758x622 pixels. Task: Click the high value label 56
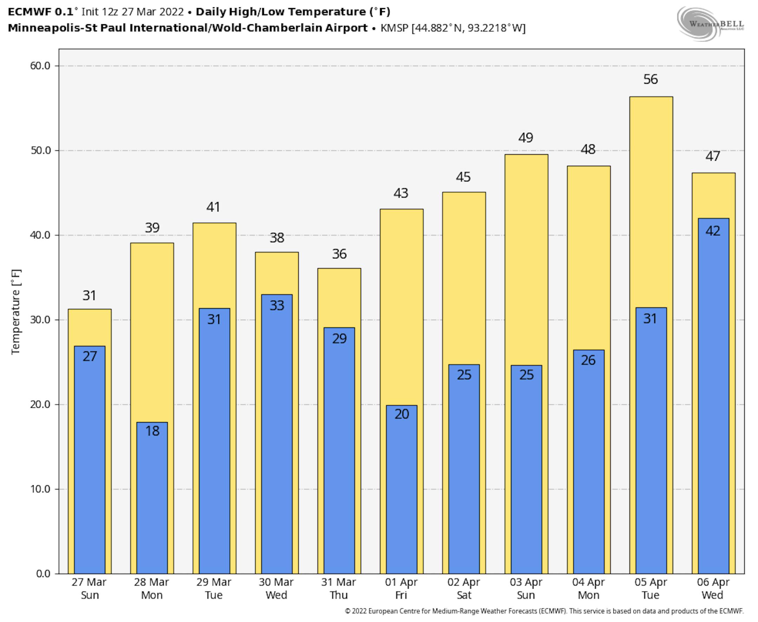pos(650,80)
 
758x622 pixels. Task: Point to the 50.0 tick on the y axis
pos(40,150)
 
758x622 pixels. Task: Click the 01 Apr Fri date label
pos(401,589)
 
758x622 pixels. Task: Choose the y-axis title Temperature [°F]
pos(16,312)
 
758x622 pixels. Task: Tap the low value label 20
pos(401,414)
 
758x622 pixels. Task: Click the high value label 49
pos(526,138)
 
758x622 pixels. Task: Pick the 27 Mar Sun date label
pos(89,589)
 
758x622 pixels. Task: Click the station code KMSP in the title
pos(394,28)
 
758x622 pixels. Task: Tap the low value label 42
pos(712,231)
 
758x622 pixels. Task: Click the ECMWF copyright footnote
pos(544,611)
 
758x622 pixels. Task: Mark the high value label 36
pos(339,255)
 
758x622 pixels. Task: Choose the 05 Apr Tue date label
pos(650,589)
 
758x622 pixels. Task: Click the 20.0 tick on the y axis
pos(40,405)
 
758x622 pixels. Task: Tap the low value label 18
pos(152,431)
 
